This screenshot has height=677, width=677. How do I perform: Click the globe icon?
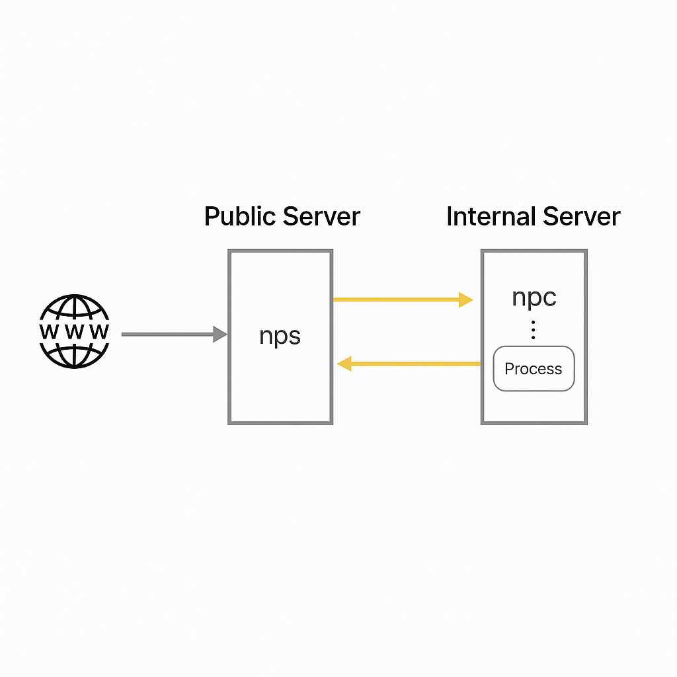[x=74, y=331]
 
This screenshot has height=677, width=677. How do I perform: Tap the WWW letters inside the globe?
[x=74, y=331]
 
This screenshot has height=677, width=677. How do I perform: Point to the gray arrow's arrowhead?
[x=219, y=335]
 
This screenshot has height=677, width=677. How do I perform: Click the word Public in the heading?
[x=241, y=217]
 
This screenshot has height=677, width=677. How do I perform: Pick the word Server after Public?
[x=323, y=217]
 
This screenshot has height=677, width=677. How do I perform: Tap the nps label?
[x=280, y=336]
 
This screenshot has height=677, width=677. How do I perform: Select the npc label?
[x=534, y=298]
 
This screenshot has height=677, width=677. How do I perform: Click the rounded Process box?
[x=534, y=369]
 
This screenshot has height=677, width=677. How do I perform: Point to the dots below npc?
[x=534, y=329]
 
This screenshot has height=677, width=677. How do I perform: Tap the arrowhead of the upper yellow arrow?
[x=466, y=300]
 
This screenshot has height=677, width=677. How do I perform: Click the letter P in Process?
[x=509, y=369]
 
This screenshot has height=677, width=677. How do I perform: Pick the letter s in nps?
[x=294, y=337]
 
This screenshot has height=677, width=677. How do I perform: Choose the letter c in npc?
[x=549, y=298]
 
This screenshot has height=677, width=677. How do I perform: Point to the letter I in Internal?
[x=450, y=217]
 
